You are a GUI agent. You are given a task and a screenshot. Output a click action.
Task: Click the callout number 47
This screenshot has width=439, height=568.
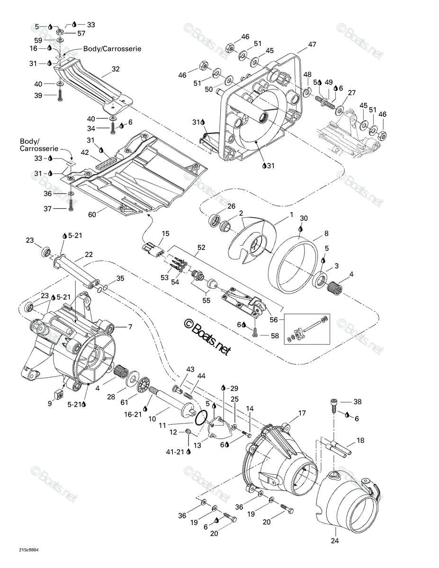coord(312,44)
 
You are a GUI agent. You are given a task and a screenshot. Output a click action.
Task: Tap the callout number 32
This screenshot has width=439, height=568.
coord(115,69)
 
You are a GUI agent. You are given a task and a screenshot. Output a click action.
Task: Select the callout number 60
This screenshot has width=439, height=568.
coord(92,214)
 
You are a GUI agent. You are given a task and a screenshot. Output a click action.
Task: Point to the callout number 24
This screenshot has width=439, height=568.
coord(335,540)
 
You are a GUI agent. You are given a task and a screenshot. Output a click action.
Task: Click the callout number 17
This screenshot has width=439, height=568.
coord(302,413)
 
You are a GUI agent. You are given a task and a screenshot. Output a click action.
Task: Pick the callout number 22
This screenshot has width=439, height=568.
coord(89,254)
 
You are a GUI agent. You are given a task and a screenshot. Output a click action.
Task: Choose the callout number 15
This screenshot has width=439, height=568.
coord(165,233)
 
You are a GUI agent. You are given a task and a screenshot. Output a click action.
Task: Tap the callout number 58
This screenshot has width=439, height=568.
coord(275,336)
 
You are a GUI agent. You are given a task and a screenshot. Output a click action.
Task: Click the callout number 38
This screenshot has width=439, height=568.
coord(357,401)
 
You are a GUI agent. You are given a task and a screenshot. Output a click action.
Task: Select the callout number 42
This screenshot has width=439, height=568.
coord(85,152)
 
